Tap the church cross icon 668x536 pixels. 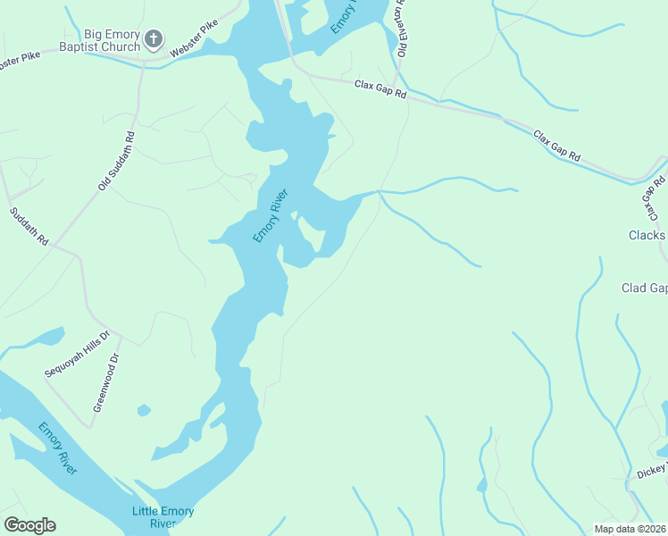154,39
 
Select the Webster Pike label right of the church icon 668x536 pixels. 194,41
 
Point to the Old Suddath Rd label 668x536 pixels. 116,161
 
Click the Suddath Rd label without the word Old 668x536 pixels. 29,228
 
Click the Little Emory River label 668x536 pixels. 163,517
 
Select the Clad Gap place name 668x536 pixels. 644,288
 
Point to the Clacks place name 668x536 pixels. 646,236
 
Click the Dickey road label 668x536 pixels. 650,470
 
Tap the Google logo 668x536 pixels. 29,525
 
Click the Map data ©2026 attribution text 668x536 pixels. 630,528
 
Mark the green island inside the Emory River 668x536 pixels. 311,234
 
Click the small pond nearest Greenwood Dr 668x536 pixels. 143,410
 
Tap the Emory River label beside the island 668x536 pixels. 271,215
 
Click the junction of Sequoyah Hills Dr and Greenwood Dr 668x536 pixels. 120,343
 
